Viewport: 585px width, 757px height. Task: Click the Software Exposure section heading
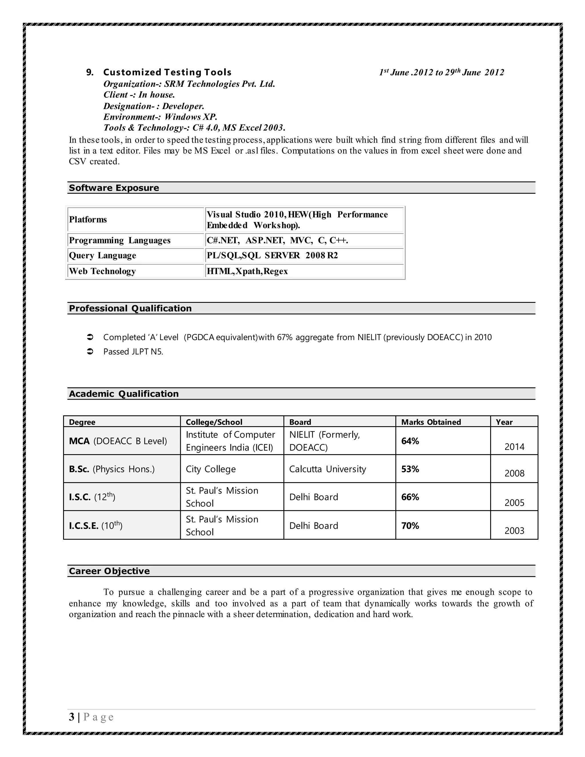tap(114, 188)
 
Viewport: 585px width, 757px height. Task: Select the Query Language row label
tap(102, 255)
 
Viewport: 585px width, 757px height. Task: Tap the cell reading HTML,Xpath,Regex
tap(247, 271)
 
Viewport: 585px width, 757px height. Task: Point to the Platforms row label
tap(88, 219)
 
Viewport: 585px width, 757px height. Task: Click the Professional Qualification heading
tap(130, 308)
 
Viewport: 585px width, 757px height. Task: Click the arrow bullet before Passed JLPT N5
tap(89, 351)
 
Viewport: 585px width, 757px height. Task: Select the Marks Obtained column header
tap(431, 422)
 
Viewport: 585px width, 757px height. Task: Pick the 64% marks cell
tap(410, 441)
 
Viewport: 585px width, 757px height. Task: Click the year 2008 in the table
tap(514, 473)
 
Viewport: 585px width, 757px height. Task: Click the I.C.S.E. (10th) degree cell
tap(95, 525)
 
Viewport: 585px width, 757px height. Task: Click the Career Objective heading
tap(109, 571)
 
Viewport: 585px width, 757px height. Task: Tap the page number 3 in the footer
tap(71, 716)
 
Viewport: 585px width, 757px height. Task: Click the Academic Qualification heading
tap(123, 393)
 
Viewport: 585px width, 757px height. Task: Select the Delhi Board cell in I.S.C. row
tap(313, 497)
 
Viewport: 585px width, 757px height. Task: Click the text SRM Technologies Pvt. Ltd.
tap(219, 84)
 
